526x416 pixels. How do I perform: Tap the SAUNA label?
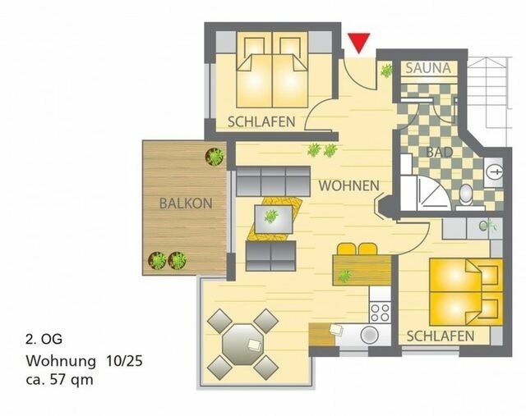pyautogui.click(x=426, y=68)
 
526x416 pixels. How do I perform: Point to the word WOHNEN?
pyautogui.click(x=348, y=185)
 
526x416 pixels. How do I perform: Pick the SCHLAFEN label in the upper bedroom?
pyautogui.click(x=261, y=121)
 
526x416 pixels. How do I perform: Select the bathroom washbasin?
pyautogui.click(x=493, y=171)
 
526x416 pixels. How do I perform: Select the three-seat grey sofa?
pyautogui.click(x=271, y=181)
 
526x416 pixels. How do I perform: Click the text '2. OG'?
pyautogui.click(x=44, y=338)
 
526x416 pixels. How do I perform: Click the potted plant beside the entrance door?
pyautogui.click(x=385, y=71)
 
